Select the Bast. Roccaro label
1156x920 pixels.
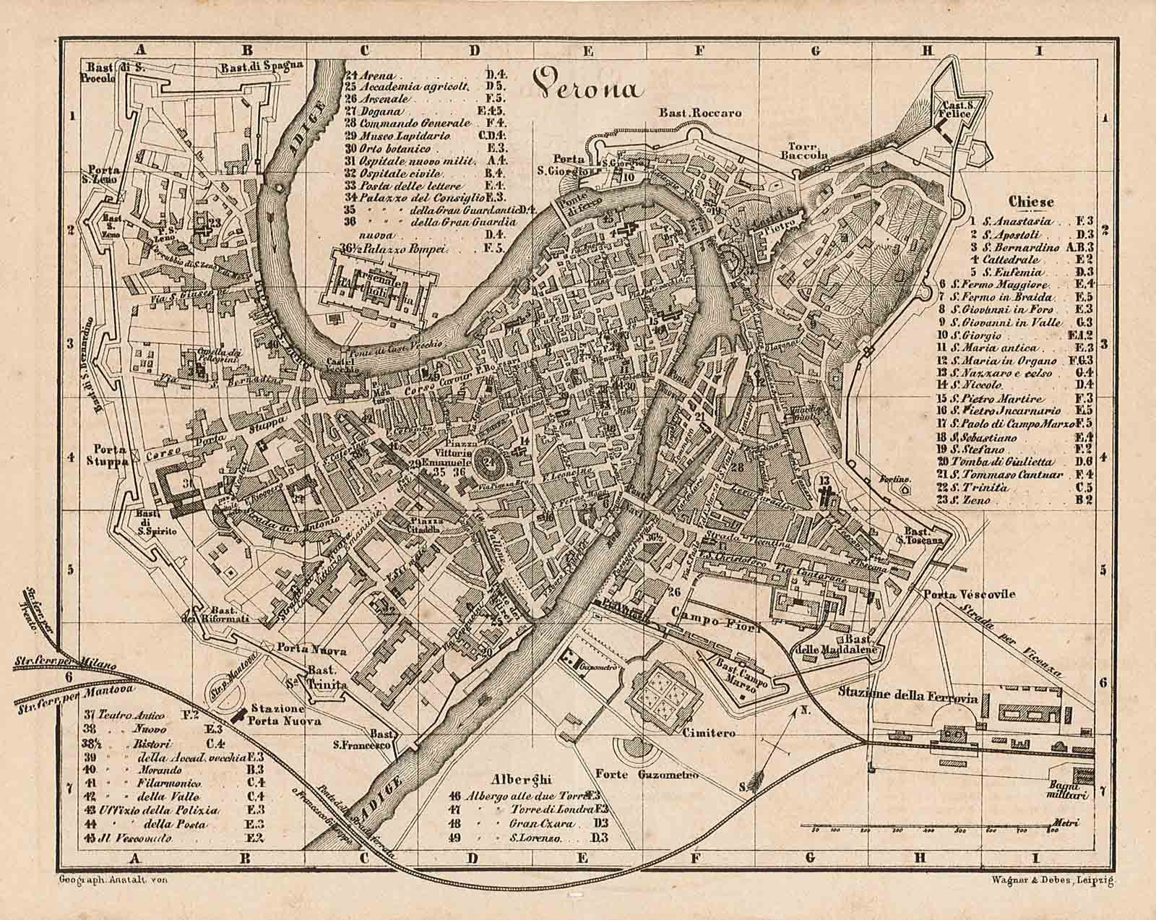[699, 113]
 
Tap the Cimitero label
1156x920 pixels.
[708, 733]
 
